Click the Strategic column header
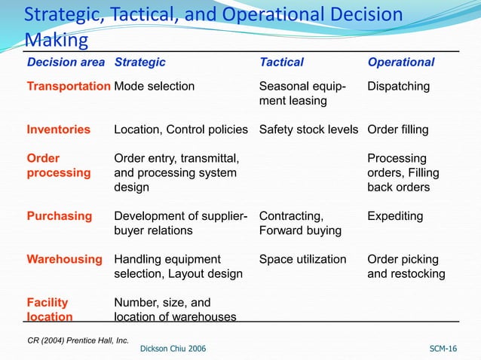(x=139, y=63)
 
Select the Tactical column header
(x=281, y=63)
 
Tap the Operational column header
(x=400, y=63)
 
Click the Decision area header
(x=66, y=63)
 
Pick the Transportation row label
(x=68, y=87)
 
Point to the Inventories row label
(x=58, y=130)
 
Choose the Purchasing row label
(x=59, y=216)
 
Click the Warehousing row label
(x=64, y=259)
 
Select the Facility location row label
(x=50, y=310)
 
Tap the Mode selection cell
(x=154, y=87)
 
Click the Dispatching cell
(x=398, y=87)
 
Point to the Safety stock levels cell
(x=308, y=130)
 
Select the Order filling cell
(x=397, y=130)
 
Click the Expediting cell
(x=395, y=216)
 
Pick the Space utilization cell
(x=302, y=259)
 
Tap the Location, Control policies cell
(x=180, y=130)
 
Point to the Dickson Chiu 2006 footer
(x=173, y=348)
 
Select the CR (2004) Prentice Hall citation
(x=78, y=340)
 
